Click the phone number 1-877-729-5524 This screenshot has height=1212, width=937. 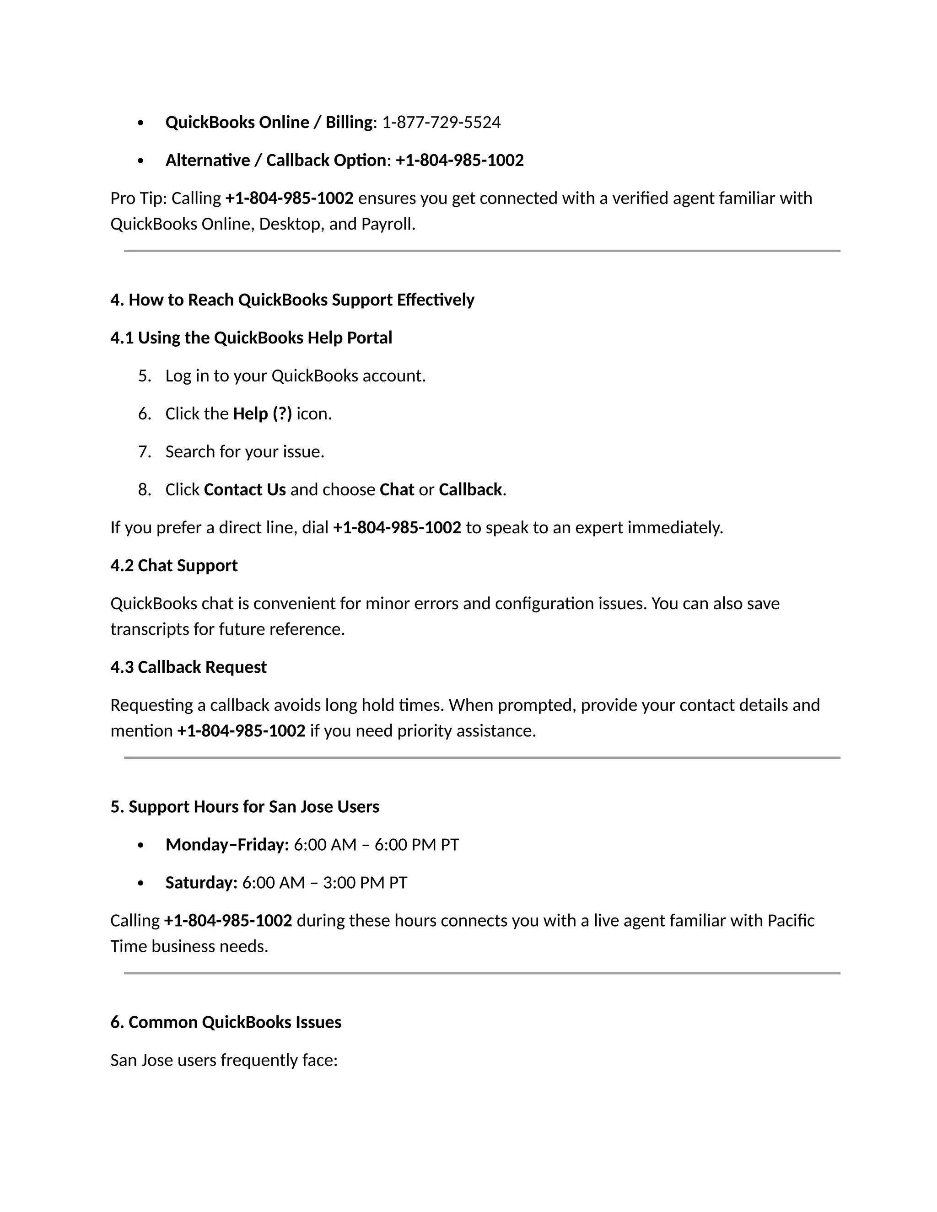coord(442,123)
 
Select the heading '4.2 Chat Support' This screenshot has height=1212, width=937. coord(174,565)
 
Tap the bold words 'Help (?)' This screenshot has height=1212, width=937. coord(262,414)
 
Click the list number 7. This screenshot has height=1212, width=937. coord(144,452)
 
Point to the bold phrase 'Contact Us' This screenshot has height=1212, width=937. coord(245,490)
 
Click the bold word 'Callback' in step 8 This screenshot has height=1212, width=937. coord(470,490)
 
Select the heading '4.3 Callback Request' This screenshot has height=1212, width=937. coord(188,667)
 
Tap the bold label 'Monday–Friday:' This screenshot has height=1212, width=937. coord(227,845)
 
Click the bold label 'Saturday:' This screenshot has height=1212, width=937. coord(201,882)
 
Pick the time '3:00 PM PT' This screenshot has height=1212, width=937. coord(365,882)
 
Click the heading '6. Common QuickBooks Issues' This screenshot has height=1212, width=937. coord(226,1022)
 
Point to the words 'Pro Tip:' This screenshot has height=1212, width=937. coord(139,198)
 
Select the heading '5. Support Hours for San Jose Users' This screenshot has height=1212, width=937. coord(244,807)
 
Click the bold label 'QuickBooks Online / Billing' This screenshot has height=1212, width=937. coord(269,123)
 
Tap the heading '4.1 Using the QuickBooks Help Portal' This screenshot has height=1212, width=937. coord(251,338)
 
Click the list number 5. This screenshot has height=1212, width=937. coord(144,376)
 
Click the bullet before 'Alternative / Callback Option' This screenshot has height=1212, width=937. coord(140,161)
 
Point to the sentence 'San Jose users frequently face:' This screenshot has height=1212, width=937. coord(224,1060)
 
